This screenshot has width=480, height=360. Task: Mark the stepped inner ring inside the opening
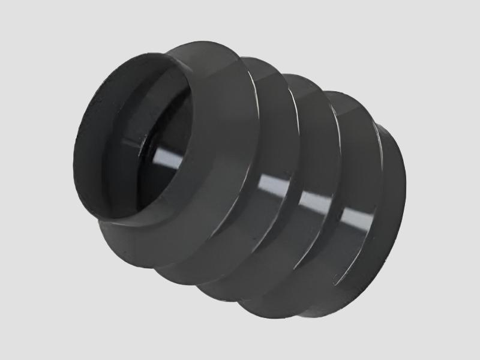click(x=174, y=120)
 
